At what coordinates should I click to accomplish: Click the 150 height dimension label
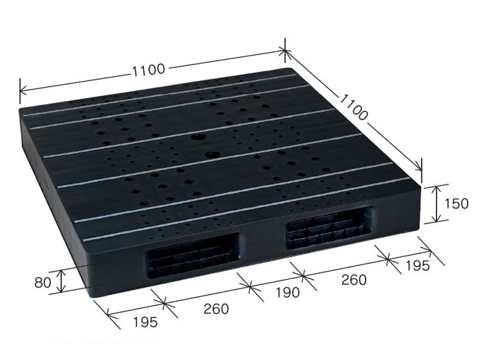pyautogui.click(x=456, y=204)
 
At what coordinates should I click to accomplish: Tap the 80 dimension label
pyautogui.click(x=43, y=283)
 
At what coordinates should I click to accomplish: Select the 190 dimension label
pyautogui.click(x=287, y=293)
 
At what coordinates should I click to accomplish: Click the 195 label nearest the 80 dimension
pyautogui.click(x=145, y=322)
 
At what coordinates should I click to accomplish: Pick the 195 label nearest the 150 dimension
pyautogui.click(x=418, y=265)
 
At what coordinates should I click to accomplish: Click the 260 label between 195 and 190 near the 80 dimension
pyautogui.click(x=216, y=309)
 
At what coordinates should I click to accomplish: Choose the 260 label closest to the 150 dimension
pyautogui.click(x=354, y=280)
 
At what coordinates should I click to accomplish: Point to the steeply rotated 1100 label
pyautogui.click(x=353, y=107)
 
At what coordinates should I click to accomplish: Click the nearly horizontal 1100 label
pyautogui.click(x=149, y=70)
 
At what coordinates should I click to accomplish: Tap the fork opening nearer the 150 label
pyautogui.click(x=330, y=227)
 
